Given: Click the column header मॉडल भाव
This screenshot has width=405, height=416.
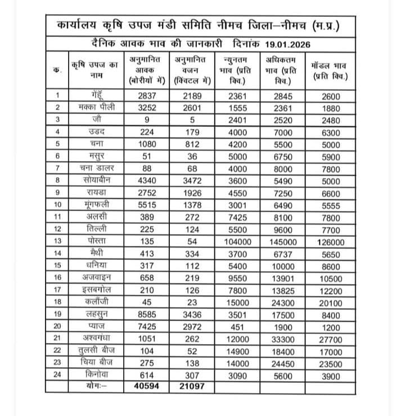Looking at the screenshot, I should click(330, 69).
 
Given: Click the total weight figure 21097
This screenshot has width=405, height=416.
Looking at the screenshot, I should click(192, 387).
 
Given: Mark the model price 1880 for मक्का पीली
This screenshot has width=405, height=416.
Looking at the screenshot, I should click(331, 107).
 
